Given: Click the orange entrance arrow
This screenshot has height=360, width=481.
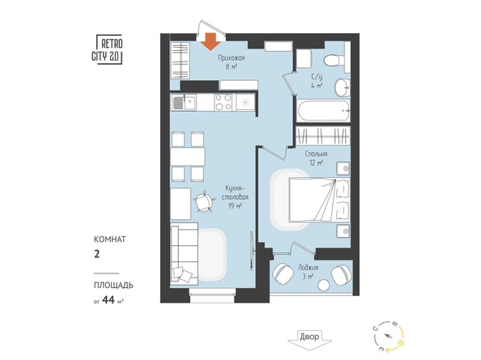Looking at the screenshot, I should click(x=211, y=40).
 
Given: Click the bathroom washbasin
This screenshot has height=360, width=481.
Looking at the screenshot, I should click(x=343, y=87).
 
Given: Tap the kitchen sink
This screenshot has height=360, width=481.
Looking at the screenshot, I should click(x=183, y=102).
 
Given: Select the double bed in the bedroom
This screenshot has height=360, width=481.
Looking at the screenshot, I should click(x=320, y=201).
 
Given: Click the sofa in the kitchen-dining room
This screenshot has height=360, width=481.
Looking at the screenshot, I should click(x=183, y=253).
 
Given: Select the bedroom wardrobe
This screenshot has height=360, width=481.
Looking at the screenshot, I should click(x=323, y=135).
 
